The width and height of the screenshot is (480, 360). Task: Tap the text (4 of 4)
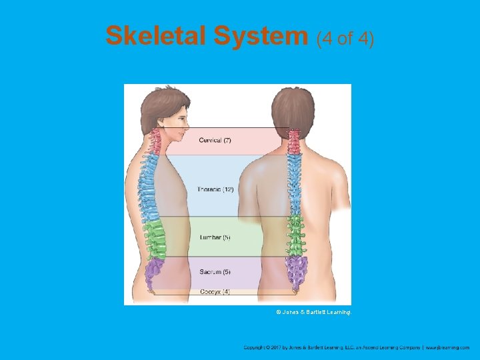click(345, 38)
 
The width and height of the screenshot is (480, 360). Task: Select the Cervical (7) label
click(215, 140)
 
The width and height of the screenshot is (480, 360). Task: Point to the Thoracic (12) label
click(215, 189)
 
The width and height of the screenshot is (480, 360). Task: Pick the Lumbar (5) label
click(215, 237)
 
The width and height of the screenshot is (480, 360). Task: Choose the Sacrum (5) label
click(215, 272)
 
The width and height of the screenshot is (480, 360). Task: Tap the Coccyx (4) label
click(215, 291)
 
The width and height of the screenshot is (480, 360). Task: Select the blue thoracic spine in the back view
click(293, 187)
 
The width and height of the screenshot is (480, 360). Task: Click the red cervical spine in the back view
click(293, 141)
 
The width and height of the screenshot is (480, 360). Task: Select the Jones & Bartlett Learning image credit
click(313, 311)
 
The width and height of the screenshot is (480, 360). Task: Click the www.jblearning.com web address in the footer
click(447, 347)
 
